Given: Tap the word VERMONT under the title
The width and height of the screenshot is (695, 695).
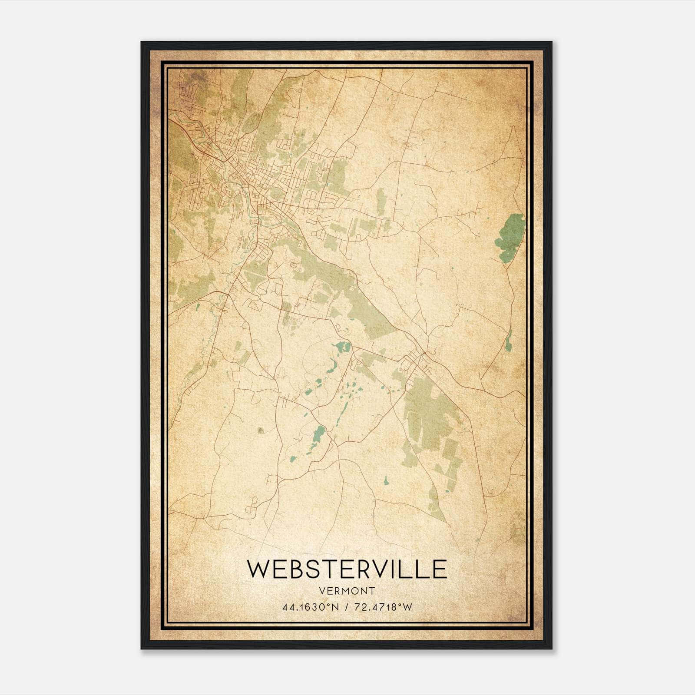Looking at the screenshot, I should (347, 591).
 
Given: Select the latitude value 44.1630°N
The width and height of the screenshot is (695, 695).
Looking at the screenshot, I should (310, 607).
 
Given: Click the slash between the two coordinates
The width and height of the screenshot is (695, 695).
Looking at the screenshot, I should (346, 607).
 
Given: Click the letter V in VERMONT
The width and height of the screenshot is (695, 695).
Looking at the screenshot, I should (321, 591).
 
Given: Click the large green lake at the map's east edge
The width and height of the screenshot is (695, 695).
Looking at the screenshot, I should (512, 237).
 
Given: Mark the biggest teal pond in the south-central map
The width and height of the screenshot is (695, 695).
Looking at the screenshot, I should (320, 433).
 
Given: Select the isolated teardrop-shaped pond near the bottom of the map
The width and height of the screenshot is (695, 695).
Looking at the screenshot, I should (386, 480).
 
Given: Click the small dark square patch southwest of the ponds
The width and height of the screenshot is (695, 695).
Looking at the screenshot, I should (261, 430).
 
